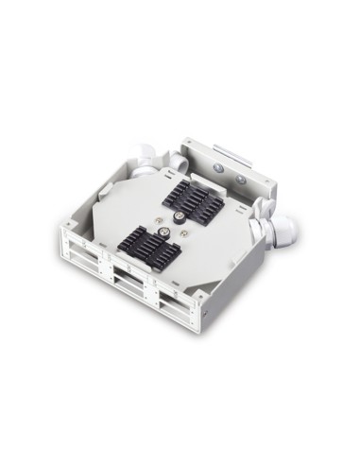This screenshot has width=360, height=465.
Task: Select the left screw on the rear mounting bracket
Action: click(x=218, y=166)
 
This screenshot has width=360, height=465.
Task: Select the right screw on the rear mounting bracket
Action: click(x=241, y=179)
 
